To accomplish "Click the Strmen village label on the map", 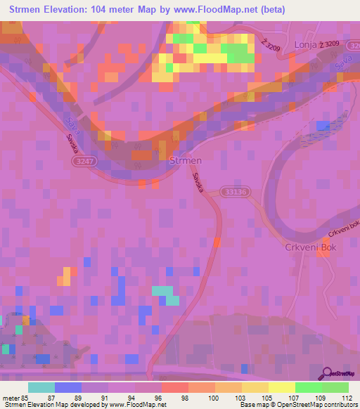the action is (x=186, y=161).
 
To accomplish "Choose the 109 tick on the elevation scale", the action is (x=321, y=396).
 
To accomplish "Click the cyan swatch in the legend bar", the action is (x=41, y=387).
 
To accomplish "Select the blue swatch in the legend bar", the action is (x=68, y=387).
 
